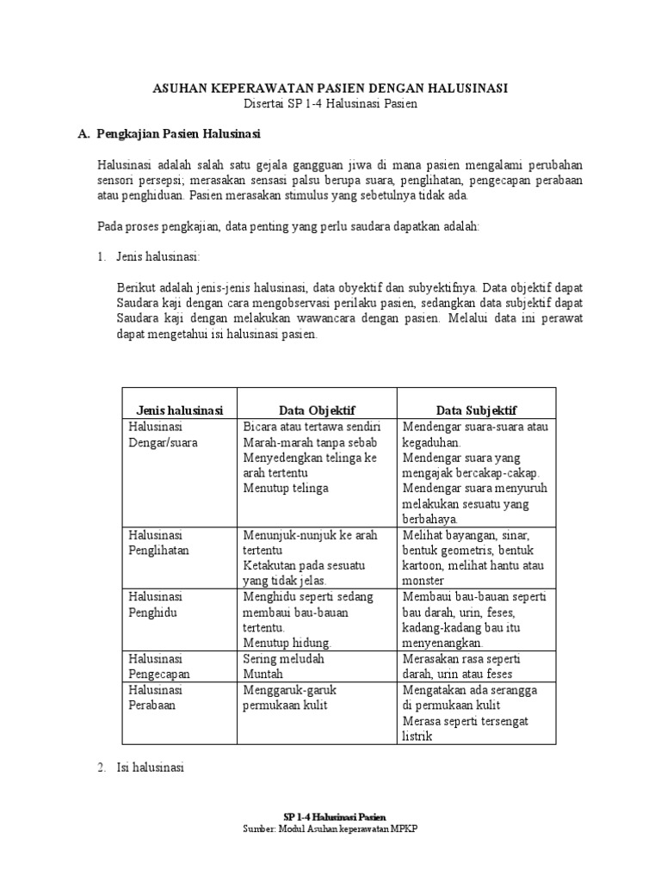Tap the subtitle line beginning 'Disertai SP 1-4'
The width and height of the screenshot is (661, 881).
[x=330, y=104]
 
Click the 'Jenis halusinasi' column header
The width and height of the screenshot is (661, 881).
[x=179, y=410]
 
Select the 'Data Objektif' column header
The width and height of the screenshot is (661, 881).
[x=317, y=410]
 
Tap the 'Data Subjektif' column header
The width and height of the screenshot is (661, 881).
[x=477, y=410]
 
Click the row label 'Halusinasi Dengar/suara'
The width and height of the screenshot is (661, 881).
[x=163, y=434]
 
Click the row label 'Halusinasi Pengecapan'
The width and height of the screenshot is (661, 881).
[x=158, y=667]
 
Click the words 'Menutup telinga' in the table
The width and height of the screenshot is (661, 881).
[x=286, y=489]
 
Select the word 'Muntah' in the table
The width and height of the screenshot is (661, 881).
[x=263, y=675]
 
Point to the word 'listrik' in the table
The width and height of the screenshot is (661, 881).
[x=417, y=736]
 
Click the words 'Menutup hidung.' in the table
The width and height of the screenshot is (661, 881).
[x=287, y=643]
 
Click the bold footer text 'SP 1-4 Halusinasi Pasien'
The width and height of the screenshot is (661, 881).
[x=336, y=816]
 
